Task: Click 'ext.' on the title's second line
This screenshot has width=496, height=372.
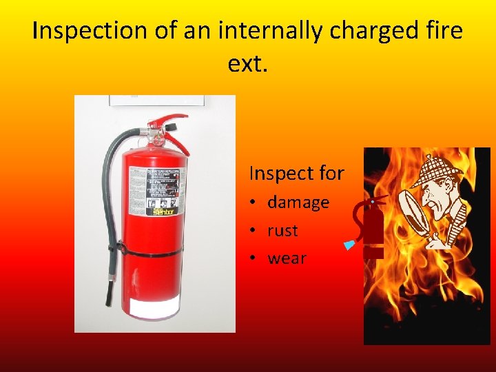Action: click(247, 65)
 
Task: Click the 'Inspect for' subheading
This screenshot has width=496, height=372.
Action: click(296, 173)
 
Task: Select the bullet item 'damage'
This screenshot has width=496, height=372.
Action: click(298, 203)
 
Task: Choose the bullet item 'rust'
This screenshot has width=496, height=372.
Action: click(282, 231)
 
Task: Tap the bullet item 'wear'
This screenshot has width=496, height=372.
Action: click(287, 259)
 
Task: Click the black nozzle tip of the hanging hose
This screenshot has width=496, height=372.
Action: click(109, 296)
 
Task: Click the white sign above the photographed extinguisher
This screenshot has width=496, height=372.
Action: click(157, 101)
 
